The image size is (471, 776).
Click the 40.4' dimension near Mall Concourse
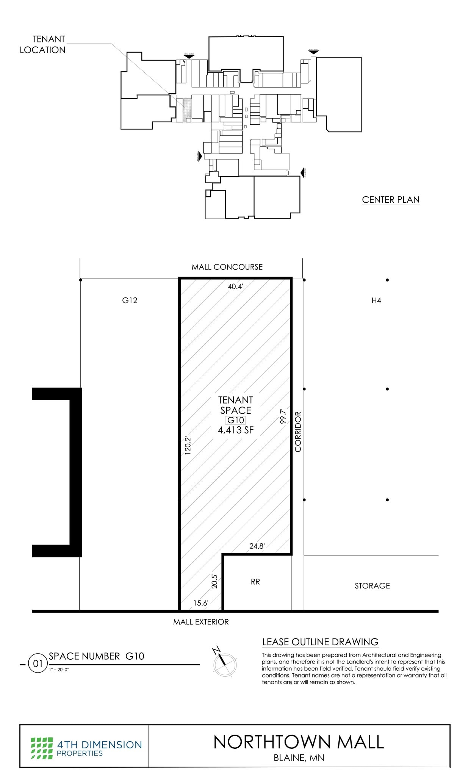tap(235, 286)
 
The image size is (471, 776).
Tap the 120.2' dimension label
tap(188, 445)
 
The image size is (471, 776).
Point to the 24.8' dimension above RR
tap(257, 546)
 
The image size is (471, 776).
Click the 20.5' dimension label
tap(214, 581)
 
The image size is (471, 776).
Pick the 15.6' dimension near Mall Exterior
tap(200, 603)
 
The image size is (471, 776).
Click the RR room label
tap(255, 582)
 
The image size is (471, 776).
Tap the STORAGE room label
tap(372, 586)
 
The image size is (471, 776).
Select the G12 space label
tap(130, 300)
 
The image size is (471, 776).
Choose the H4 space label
tap(376, 301)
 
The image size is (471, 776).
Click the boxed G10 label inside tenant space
tap(235, 420)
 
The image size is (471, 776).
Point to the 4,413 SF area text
tap(235, 430)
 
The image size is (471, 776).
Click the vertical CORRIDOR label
tap(298, 432)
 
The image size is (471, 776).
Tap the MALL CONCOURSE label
tap(227, 267)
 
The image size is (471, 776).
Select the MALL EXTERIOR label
tap(201, 622)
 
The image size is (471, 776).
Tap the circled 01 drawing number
tap(38, 664)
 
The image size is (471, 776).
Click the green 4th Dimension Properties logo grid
tap(42, 748)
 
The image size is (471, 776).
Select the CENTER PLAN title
tap(390, 200)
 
